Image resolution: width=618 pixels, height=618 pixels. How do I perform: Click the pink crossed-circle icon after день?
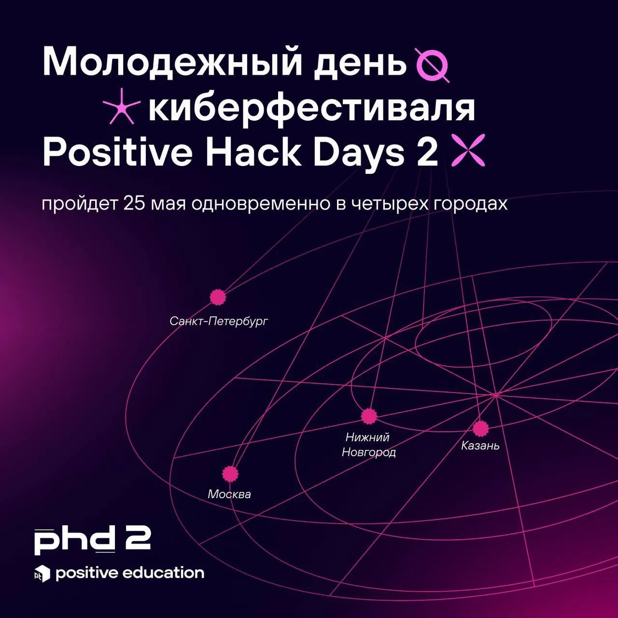[x=432, y=65]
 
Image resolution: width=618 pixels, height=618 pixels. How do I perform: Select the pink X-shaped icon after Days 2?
[x=468, y=150]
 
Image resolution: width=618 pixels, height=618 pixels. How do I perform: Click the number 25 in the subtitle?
[x=134, y=204]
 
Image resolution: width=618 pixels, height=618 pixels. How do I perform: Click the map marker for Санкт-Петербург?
[x=218, y=297]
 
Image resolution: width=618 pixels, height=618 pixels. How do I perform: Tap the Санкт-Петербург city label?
[x=218, y=321]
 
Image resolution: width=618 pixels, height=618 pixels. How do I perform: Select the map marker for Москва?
[x=230, y=474]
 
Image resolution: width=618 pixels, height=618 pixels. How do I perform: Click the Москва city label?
[x=229, y=494]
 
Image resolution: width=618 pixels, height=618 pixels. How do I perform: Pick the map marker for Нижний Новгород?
[x=369, y=416]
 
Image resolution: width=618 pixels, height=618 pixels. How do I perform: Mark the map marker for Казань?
[x=481, y=428]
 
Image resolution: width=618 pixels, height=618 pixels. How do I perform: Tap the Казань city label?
[x=480, y=446]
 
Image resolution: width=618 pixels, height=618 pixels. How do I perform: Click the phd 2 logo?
[x=92, y=540]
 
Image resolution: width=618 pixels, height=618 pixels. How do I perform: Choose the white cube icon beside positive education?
[x=42, y=574]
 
